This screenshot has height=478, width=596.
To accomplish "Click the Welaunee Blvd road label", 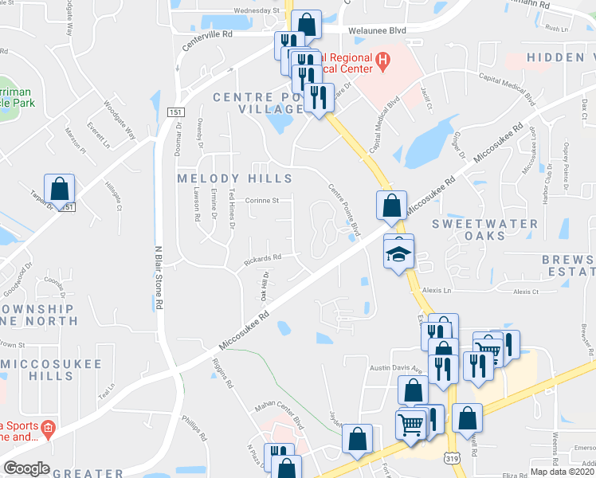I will coord(377,30).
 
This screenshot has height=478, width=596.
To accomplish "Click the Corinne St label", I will coord(261,200).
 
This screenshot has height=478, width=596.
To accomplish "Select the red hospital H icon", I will coord(383,60).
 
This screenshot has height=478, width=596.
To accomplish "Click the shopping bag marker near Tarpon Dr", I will coord(59,190).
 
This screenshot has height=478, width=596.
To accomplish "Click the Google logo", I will coord(26,468).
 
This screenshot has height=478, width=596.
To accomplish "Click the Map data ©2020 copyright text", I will coord(563,471).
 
